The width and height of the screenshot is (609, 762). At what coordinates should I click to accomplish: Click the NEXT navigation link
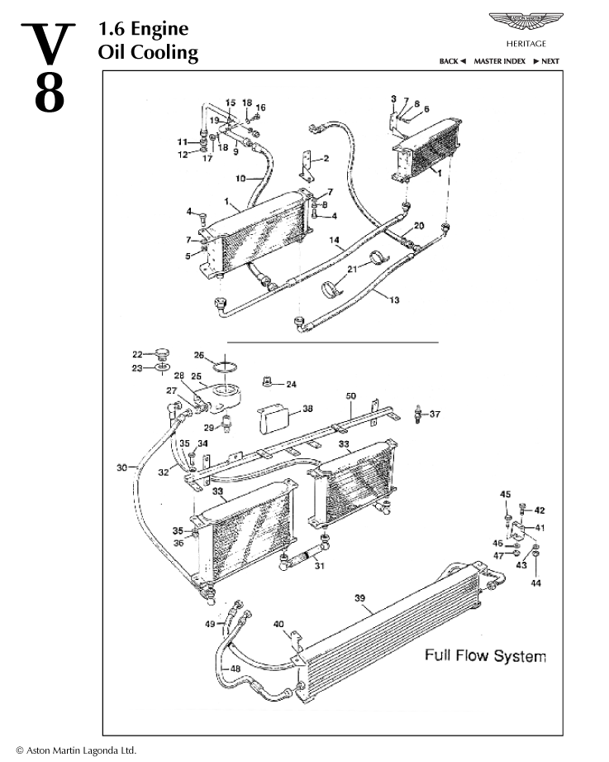pyautogui.click(x=546, y=61)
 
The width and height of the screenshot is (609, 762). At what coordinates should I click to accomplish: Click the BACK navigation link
pyautogui.click(x=452, y=61)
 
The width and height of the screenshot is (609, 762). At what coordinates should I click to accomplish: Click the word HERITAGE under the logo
pyautogui.click(x=526, y=43)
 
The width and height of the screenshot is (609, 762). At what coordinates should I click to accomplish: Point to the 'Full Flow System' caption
pyautogui.click(x=485, y=656)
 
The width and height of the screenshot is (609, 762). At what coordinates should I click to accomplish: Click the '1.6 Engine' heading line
pyautogui.click(x=143, y=29)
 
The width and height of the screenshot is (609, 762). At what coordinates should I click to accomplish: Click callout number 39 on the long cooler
pyautogui.click(x=359, y=597)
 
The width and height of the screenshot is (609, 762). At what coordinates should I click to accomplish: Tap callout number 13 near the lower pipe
pyautogui.click(x=394, y=300)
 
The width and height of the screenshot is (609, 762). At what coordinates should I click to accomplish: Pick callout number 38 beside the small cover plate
pyautogui.click(x=307, y=408)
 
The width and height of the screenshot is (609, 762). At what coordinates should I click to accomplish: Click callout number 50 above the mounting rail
pyautogui.click(x=350, y=397)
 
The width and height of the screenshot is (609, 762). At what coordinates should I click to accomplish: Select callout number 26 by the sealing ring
pyautogui.click(x=198, y=355)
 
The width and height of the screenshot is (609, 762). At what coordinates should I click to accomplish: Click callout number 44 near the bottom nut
pyautogui.click(x=535, y=584)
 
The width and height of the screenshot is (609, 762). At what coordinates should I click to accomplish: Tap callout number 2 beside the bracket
pyautogui.click(x=326, y=158)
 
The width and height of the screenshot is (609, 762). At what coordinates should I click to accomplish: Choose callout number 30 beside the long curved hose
pyautogui.click(x=121, y=467)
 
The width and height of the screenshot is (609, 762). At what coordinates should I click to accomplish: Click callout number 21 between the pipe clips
pyautogui.click(x=351, y=270)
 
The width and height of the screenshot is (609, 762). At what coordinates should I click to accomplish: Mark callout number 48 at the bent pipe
pyautogui.click(x=236, y=669)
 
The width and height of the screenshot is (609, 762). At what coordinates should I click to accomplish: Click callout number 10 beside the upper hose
pyautogui.click(x=241, y=178)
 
